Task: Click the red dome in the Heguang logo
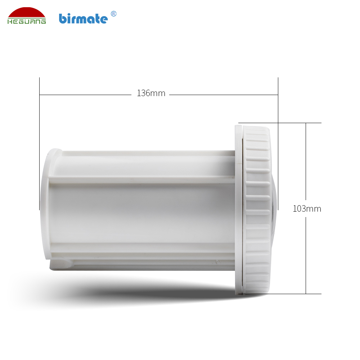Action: [27, 13]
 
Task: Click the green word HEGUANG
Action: [27, 21]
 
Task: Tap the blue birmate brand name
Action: [83, 19]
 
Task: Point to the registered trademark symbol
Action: [113, 14]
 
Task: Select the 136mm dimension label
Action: [151, 93]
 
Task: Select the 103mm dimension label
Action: [307, 209]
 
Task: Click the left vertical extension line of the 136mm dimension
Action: [40, 144]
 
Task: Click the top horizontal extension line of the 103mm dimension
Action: [280, 123]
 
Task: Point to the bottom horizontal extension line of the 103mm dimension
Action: [280, 294]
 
